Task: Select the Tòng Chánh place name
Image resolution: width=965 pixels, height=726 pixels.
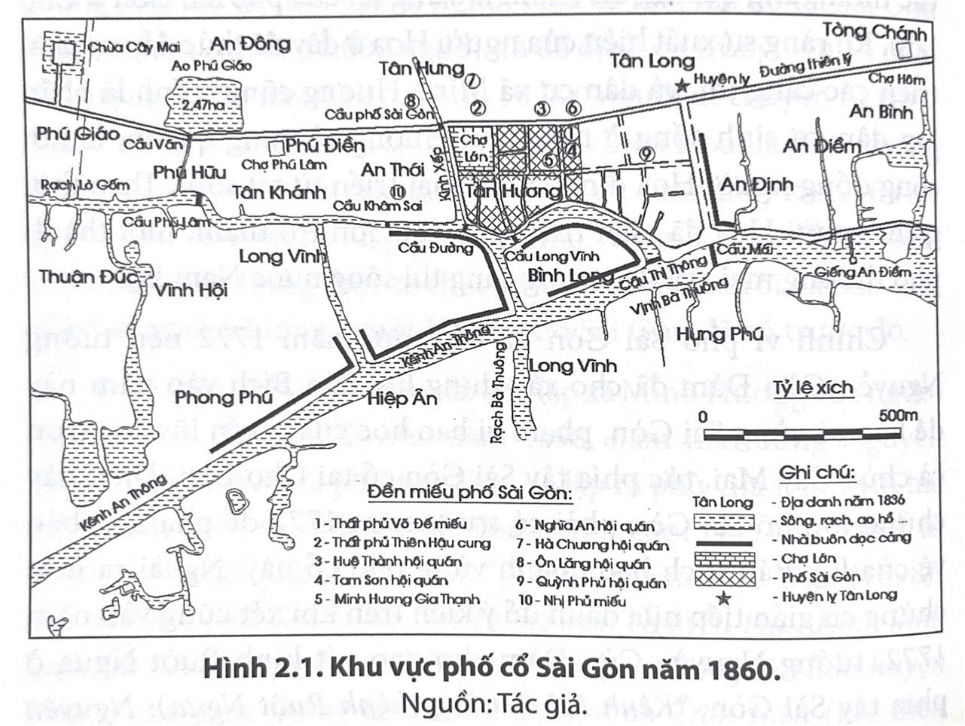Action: click(x=873, y=32)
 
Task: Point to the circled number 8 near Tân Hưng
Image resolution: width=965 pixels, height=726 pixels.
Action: click(x=411, y=99)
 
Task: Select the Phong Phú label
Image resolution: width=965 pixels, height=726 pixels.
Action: click(x=223, y=396)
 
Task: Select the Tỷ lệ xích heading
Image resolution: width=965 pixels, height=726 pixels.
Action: click(x=813, y=389)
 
